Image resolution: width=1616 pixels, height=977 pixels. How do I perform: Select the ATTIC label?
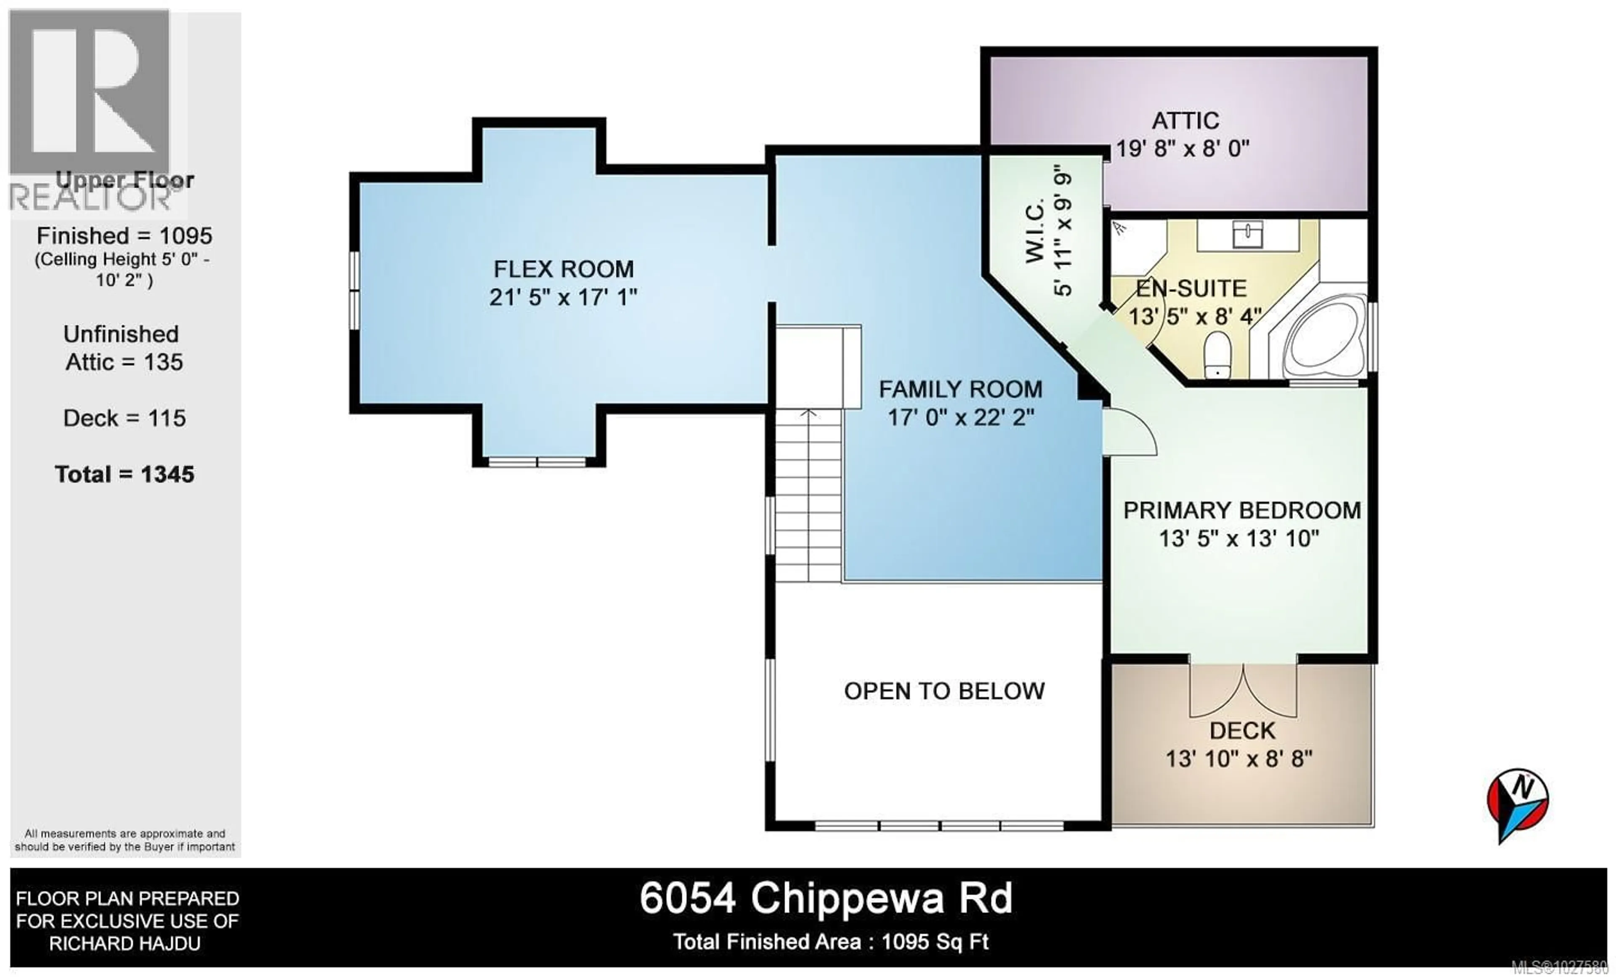(1185, 121)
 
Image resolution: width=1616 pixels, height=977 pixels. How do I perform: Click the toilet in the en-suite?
(1217, 354)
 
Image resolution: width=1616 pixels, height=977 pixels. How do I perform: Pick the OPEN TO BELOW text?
(944, 691)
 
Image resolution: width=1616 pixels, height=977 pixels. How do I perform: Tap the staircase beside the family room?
(808, 495)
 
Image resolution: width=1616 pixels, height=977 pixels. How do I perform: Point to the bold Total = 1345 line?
(125, 475)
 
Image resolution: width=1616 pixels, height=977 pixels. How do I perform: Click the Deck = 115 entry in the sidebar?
(125, 419)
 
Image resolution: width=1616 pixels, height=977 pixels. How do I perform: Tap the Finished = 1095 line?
(125, 235)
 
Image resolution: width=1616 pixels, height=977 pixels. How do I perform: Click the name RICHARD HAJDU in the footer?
(125, 944)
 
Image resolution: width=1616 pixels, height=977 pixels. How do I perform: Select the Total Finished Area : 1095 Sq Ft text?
(830, 942)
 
